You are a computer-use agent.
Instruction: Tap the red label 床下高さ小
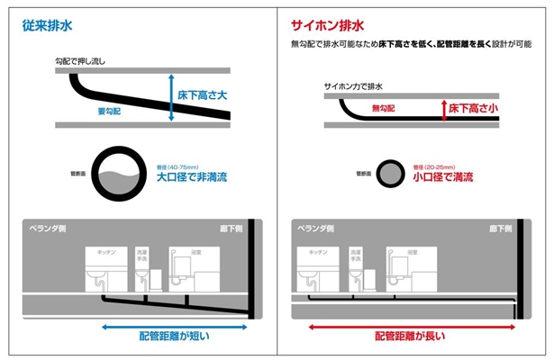473,108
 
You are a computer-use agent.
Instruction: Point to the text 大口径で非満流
191,177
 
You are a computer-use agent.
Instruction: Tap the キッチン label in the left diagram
97,254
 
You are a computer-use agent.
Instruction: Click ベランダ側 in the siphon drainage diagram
313,229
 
